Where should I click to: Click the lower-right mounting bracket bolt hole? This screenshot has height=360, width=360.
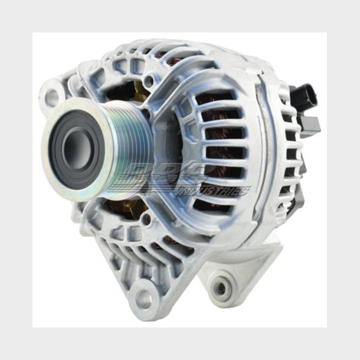click(220, 288)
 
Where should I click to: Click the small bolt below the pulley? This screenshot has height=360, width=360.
click(146, 222)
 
